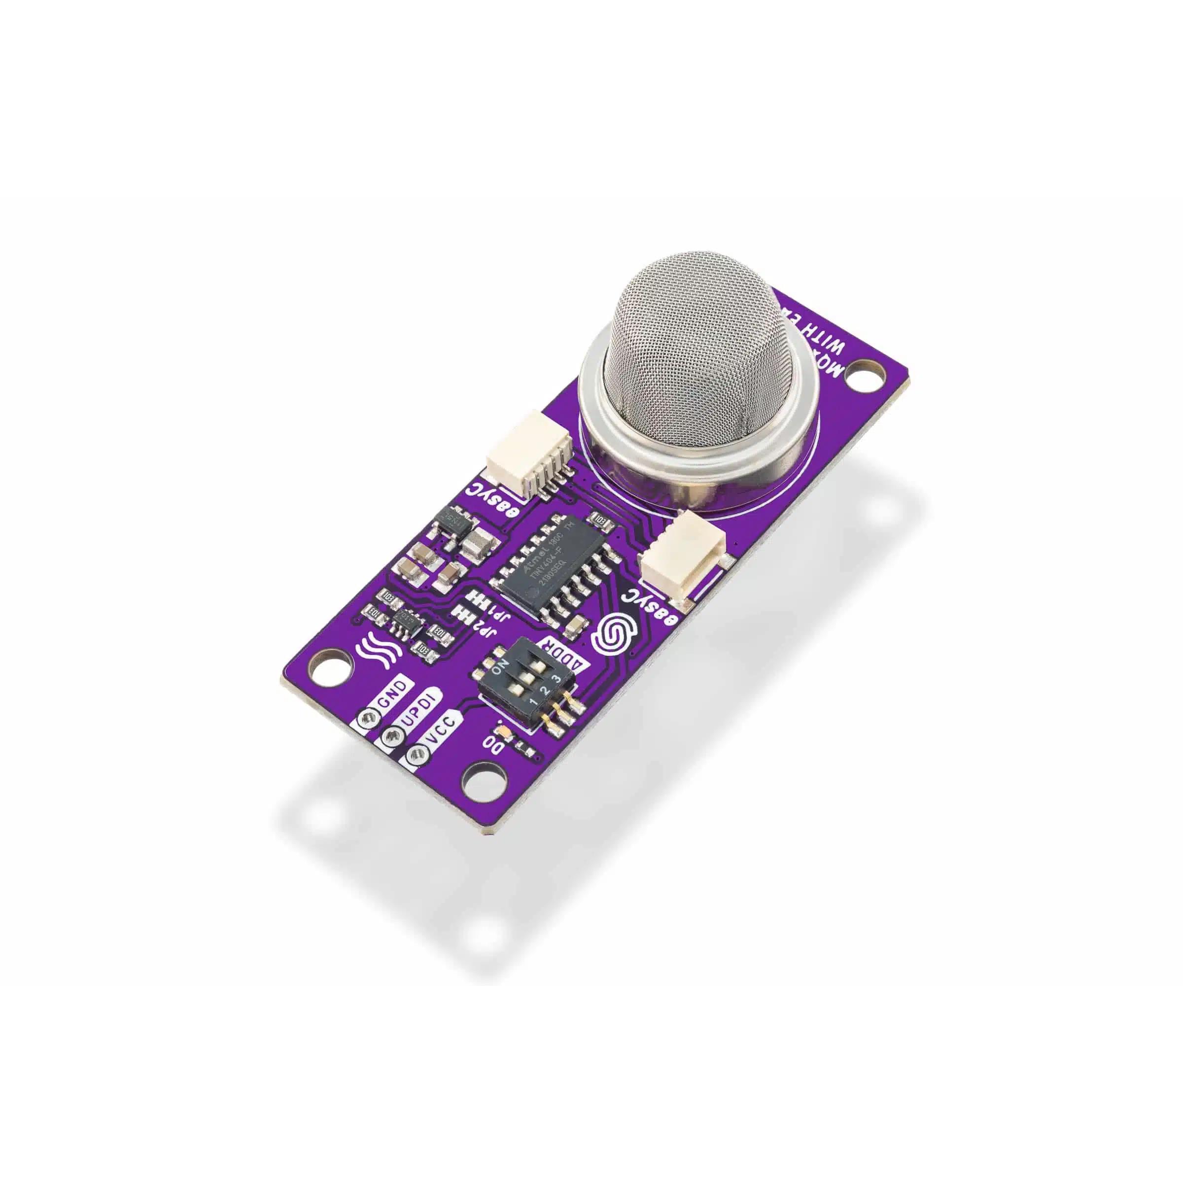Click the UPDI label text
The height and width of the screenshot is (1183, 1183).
click(418, 716)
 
